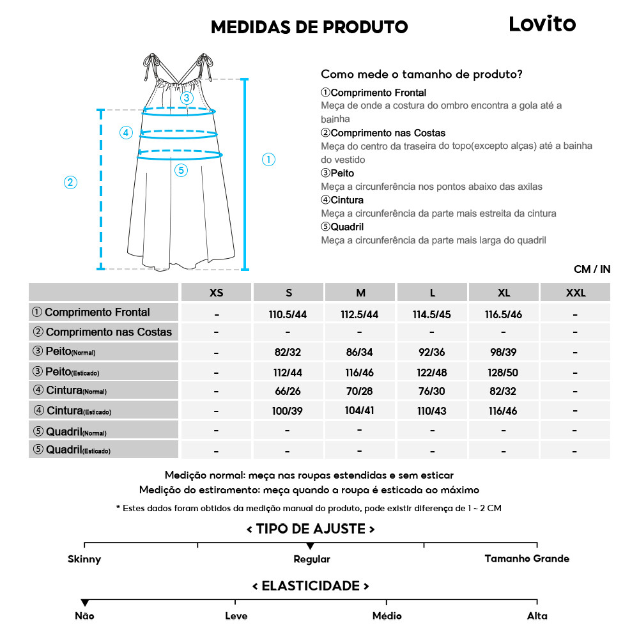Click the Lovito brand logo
point(542,24)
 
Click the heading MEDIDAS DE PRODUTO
point(309,27)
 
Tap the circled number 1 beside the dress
point(269,160)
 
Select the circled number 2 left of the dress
point(71,182)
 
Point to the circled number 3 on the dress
point(187,98)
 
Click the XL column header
point(504,293)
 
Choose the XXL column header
point(575,293)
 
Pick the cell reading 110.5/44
point(289,314)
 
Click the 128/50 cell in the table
point(504,372)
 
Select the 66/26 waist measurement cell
point(289,391)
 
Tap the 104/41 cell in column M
point(360,411)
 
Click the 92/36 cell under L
point(433,352)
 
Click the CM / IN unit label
point(592,269)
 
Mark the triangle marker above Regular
point(310,546)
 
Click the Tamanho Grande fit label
point(527,558)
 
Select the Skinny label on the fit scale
point(84,559)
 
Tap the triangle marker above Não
point(84,603)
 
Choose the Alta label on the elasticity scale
point(537,616)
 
